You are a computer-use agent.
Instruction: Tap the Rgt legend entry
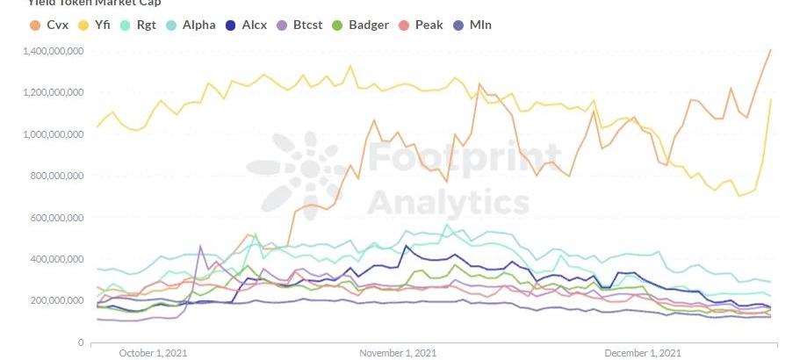146,25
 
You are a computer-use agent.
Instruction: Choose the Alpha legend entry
198,25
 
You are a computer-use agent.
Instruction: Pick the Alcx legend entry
253,25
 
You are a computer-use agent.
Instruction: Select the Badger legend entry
368,25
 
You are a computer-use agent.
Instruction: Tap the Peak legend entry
427,25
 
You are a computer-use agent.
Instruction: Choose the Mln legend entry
479,25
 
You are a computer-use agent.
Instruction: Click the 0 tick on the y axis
81,342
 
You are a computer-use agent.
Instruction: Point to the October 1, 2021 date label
153,353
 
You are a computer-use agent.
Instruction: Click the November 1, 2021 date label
398,353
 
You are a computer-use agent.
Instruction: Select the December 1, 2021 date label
642,353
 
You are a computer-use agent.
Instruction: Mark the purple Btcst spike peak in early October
200,247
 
